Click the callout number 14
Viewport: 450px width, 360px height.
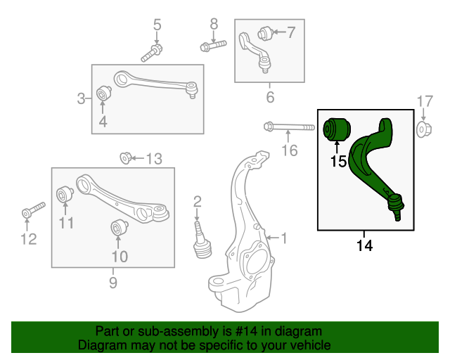(x=364, y=245)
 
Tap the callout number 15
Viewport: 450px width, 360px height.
(x=338, y=161)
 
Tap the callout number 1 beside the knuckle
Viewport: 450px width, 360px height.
(x=284, y=238)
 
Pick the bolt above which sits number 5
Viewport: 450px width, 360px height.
(x=152, y=51)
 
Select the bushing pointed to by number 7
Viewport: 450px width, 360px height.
(x=265, y=32)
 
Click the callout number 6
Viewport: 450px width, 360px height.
(x=270, y=97)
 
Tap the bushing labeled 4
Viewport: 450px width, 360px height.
(x=103, y=93)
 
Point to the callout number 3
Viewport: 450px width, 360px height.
(x=82, y=98)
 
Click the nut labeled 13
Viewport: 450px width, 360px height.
(x=126, y=157)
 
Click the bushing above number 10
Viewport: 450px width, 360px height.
(x=119, y=229)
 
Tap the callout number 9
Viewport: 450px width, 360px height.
(x=112, y=283)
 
